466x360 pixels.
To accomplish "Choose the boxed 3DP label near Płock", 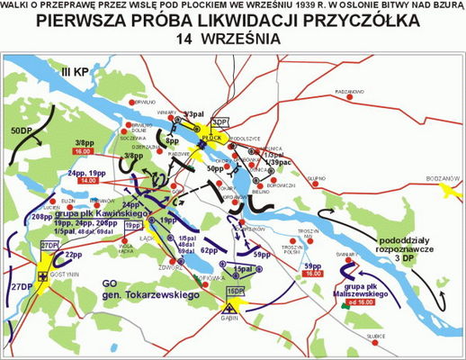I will coord(220,122).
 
